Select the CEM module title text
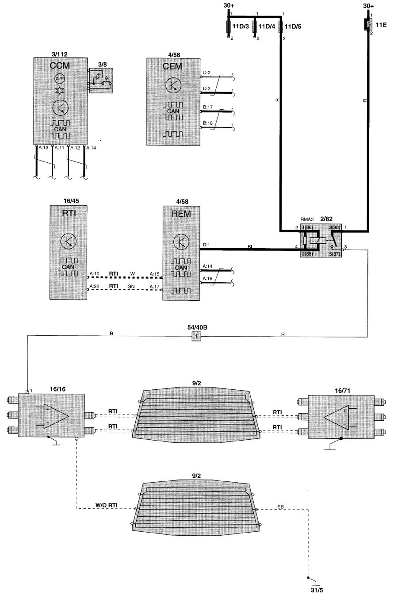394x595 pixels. (x=173, y=66)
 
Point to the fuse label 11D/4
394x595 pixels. (x=266, y=27)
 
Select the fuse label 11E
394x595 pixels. (x=381, y=24)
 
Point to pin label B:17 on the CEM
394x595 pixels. (x=207, y=107)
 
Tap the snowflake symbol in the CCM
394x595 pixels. (x=59, y=90)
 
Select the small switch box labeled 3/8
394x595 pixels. (x=102, y=80)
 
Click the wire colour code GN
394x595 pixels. (x=131, y=287)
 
